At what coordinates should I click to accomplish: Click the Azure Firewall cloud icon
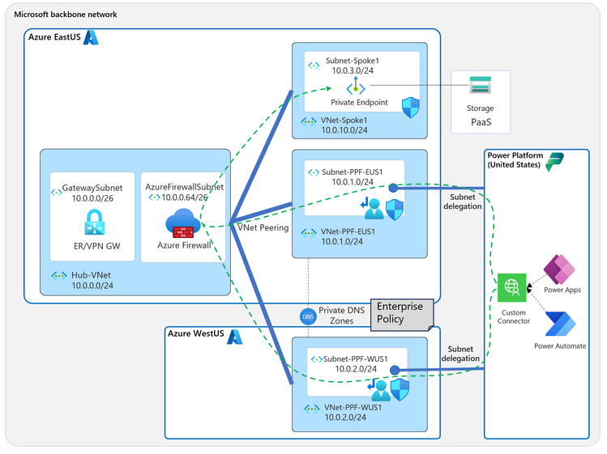pos(182,222)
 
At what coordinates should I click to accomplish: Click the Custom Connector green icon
pos(512,286)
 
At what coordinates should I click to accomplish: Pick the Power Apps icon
pos(558,268)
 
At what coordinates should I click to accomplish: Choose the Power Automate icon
pos(558,325)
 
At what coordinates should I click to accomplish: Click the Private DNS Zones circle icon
pos(308,316)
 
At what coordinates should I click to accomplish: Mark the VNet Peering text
pos(262,227)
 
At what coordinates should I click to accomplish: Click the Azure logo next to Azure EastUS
pos(92,37)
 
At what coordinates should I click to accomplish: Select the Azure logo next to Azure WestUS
pos(235,334)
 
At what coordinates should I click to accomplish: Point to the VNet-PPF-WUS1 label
pos(353,406)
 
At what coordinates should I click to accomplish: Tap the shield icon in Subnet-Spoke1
pos(411,106)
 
